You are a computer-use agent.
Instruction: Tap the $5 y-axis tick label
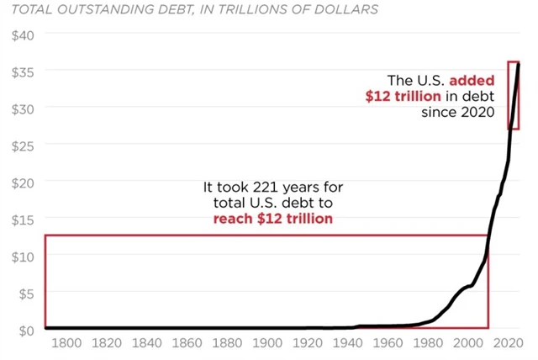(x=25, y=293)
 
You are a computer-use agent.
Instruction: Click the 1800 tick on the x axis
(x=66, y=343)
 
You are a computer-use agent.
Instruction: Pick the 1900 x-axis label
(x=267, y=343)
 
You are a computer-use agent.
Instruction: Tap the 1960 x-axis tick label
(x=388, y=343)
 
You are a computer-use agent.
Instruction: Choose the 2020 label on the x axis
(x=508, y=343)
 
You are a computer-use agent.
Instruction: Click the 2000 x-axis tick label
(x=467, y=343)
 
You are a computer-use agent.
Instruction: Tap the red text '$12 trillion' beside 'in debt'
(x=403, y=97)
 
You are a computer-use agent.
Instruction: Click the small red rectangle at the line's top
(x=513, y=95)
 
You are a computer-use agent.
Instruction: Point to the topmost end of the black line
(x=518, y=64)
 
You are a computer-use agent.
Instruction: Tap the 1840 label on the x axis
(x=147, y=343)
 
